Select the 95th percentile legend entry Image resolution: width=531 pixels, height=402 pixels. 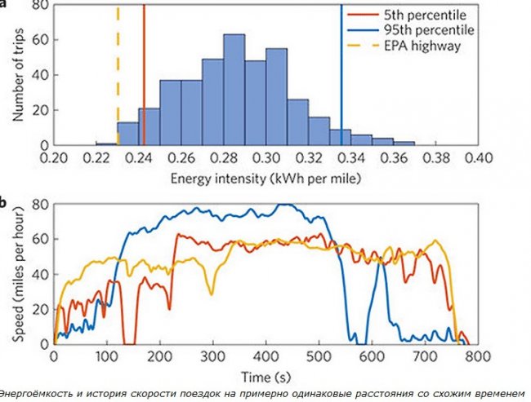tap(428, 30)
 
